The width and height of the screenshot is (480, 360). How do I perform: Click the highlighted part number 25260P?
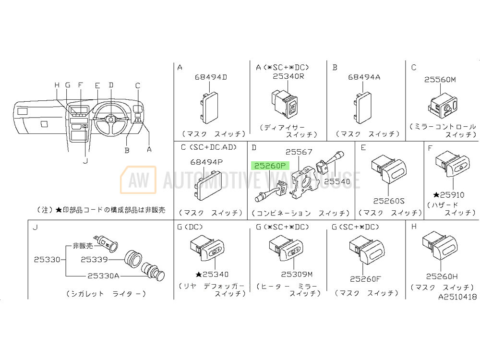[270, 166]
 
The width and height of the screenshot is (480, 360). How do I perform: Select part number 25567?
[299, 152]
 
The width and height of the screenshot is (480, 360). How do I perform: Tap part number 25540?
[337, 181]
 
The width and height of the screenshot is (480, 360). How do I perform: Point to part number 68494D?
[211, 77]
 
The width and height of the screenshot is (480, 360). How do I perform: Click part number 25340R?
[288, 76]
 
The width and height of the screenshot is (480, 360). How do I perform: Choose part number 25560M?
[440, 80]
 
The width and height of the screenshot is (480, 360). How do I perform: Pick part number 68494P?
[206, 162]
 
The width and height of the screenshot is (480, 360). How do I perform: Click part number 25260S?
[389, 201]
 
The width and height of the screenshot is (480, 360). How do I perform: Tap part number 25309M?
[297, 274]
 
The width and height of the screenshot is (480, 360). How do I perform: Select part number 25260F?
[365, 279]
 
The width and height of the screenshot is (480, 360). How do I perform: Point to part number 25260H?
[442, 276]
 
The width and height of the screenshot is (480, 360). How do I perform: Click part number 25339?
[94, 260]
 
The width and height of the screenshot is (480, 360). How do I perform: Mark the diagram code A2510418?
[457, 297]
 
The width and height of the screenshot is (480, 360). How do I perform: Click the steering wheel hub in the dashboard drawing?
[111, 119]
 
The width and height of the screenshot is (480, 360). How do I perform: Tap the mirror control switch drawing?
[443, 107]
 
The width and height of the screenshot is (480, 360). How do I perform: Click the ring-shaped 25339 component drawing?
[133, 259]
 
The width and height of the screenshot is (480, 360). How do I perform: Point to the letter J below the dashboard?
[85, 160]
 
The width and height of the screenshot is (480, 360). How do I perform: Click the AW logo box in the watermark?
[138, 180]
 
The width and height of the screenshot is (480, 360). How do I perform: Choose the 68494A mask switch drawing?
[363, 108]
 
